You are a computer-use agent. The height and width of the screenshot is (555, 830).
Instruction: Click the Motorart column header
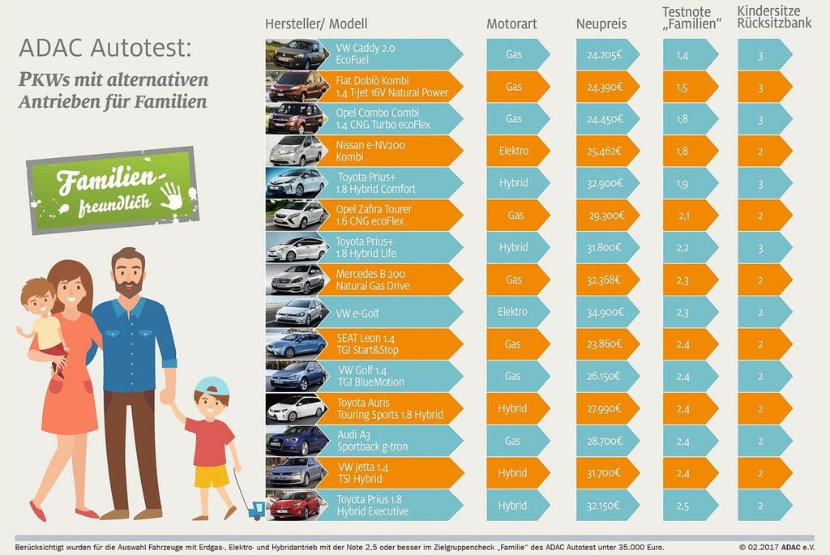point(511,24)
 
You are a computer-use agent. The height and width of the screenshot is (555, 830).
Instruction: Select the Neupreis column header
point(602,24)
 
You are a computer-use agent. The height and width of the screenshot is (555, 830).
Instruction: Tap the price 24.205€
point(604,54)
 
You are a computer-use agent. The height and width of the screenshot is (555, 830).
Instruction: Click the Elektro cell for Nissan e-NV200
point(514,151)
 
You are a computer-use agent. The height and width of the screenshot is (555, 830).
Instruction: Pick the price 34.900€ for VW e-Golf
point(604,312)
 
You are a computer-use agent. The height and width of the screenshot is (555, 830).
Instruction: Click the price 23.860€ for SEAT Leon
point(604,344)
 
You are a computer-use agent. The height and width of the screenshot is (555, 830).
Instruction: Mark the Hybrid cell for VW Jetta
point(512,473)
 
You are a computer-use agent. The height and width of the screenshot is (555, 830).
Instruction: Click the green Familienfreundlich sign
point(113,190)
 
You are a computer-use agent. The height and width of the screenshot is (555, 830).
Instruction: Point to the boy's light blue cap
point(212,386)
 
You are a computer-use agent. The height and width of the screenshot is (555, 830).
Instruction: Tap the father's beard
point(128,287)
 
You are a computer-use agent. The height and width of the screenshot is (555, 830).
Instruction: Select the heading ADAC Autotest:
point(105,49)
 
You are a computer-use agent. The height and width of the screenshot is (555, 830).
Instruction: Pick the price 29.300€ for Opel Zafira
point(604,215)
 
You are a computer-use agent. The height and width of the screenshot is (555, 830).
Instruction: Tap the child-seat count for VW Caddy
point(759,54)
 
